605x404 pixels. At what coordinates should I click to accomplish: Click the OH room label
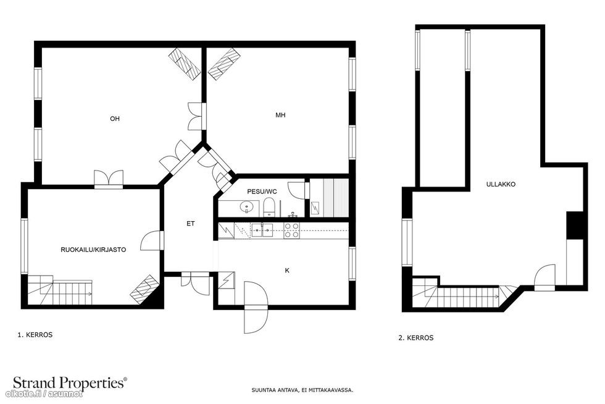pyautogui.click(x=115, y=119)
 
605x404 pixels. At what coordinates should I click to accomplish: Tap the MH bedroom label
pyautogui.click(x=280, y=115)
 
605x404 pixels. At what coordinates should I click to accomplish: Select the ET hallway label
pyautogui.click(x=191, y=224)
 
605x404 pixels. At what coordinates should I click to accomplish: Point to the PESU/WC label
pyautogui.click(x=262, y=191)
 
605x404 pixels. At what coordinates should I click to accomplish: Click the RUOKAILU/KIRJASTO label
pyautogui.click(x=93, y=250)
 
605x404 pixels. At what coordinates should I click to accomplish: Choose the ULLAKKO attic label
pyautogui.click(x=501, y=185)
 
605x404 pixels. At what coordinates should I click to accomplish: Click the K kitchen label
pyautogui.click(x=287, y=271)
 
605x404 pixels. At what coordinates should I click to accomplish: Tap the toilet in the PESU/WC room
pyautogui.click(x=269, y=207)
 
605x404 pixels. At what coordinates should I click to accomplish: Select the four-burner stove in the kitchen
pyautogui.click(x=291, y=230)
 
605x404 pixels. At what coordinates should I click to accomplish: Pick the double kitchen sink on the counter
pyautogui.click(x=262, y=230)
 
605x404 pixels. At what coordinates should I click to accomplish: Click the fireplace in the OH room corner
pyautogui.click(x=185, y=64)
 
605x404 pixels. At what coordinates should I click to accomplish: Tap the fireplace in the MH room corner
pyautogui.click(x=224, y=64)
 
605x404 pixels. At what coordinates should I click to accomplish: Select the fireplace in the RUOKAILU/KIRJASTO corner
pyautogui.click(x=145, y=290)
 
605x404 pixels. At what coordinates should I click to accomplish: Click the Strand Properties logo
pyautogui.click(x=70, y=383)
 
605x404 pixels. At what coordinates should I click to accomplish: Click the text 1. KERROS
pyautogui.click(x=35, y=335)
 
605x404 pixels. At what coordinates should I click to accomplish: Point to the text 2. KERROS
pyautogui.click(x=416, y=338)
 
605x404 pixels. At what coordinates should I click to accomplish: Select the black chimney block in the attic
pyautogui.click(x=575, y=225)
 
